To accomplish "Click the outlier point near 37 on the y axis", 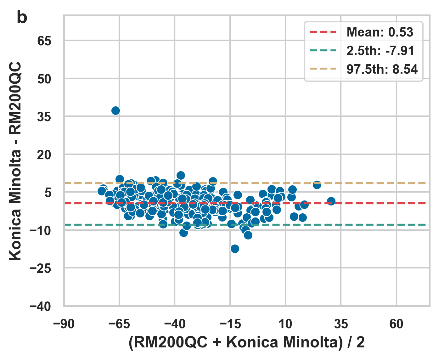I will click(x=115, y=110).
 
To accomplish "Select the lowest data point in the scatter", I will click(x=235, y=249).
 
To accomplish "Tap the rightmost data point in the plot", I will click(x=331, y=201).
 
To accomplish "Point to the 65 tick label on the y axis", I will click(x=44, y=41).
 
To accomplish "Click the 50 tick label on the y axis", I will click(x=44, y=79).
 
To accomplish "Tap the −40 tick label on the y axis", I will click(x=40, y=307).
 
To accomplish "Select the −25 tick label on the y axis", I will click(x=40, y=268).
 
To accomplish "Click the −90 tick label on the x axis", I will click(x=64, y=324).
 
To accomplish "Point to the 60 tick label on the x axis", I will click(x=396, y=324).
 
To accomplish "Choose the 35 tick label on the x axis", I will click(x=341, y=324).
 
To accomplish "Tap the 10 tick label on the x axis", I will click(x=285, y=324).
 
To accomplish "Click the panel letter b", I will click(x=22, y=18).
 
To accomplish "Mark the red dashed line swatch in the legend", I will click(x=323, y=32).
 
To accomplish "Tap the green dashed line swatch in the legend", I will click(x=323, y=51).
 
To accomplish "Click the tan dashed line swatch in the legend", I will click(x=323, y=69).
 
